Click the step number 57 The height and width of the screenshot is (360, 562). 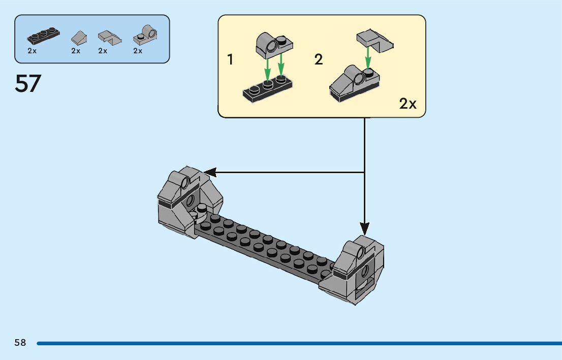[x=28, y=84]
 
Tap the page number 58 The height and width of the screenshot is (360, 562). [x=20, y=343]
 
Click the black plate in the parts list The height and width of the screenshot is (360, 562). [x=43, y=36]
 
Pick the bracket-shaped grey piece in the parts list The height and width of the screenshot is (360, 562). [x=108, y=37]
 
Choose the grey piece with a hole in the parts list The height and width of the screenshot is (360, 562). [x=145, y=35]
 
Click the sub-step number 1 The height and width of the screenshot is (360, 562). [x=230, y=60]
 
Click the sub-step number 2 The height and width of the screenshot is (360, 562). [x=319, y=60]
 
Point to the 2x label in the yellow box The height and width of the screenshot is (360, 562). [x=408, y=104]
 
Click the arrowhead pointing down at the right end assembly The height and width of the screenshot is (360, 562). [x=364, y=228]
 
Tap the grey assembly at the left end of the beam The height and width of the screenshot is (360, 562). [x=185, y=201]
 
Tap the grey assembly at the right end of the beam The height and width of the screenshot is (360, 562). [x=356, y=269]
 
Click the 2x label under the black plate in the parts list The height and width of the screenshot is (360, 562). [x=32, y=51]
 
